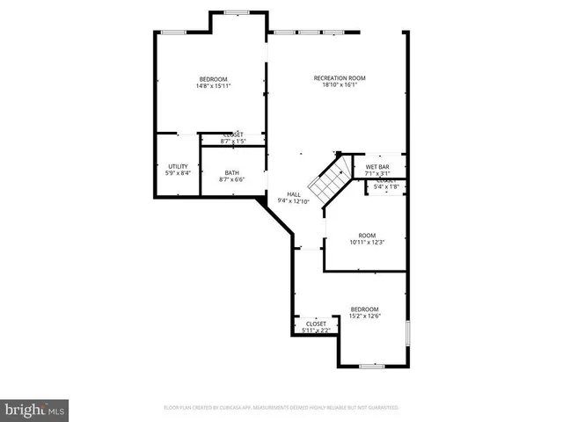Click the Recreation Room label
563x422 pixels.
[x=340, y=78]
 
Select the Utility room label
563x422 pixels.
[x=178, y=166]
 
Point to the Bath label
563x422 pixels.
[x=231, y=172]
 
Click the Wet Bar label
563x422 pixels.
[x=377, y=166]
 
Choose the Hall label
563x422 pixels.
[x=294, y=194]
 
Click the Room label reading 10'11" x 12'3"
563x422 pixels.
[x=367, y=235]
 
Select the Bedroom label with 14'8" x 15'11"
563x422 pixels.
[x=213, y=78]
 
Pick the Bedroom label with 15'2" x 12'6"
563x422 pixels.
[x=364, y=309]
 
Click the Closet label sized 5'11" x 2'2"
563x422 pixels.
[x=316, y=324]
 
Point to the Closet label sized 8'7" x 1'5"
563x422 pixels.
[x=232, y=135]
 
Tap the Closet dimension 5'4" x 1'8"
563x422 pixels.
[x=387, y=186]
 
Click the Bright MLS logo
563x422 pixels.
[x=35, y=409]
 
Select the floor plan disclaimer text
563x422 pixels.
[x=281, y=408]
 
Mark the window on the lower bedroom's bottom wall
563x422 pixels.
[x=372, y=365]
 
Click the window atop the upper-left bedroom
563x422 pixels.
[x=172, y=33]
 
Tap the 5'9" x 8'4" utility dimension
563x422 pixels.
[x=178, y=173]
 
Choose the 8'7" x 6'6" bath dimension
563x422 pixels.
[x=231, y=179]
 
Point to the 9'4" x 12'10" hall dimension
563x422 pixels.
[x=294, y=201]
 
